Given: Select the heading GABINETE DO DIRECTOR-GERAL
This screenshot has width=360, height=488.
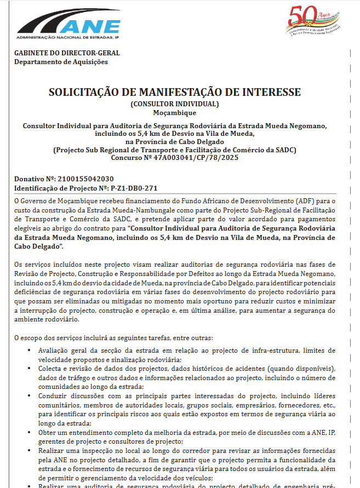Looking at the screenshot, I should tap(67, 53).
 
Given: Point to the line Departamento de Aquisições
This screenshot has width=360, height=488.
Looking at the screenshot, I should tap(61, 62).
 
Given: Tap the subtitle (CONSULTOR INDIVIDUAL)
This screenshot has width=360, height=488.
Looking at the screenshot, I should tap(175, 104).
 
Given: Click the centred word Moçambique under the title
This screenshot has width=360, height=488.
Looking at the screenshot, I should tap(175, 113).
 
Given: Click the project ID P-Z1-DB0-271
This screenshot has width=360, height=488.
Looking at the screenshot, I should tap(127, 188).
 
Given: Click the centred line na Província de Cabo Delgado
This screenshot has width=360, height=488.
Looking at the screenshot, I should tap(175, 141).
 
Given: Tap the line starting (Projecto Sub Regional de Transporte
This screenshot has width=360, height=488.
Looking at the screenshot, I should tap(175, 150).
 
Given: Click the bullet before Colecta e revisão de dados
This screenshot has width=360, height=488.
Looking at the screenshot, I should tap(28, 369).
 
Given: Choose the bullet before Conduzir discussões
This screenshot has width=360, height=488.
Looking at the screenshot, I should tap(28, 395).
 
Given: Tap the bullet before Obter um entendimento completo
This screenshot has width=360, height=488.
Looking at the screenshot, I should tap(28, 432).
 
